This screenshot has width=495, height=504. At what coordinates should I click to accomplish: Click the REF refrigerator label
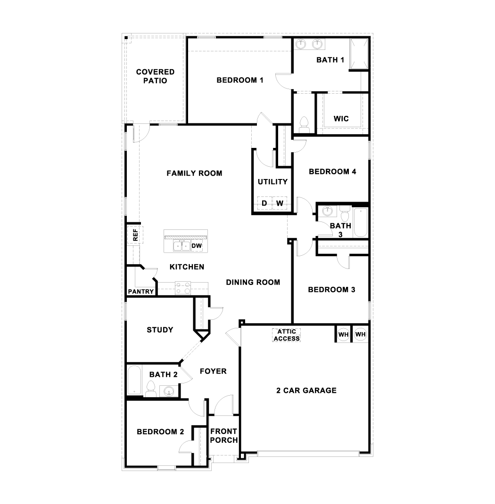click(x=135, y=235)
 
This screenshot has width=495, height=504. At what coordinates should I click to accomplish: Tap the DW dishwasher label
click(x=197, y=246)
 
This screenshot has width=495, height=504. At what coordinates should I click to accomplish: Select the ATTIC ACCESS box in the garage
click(x=287, y=335)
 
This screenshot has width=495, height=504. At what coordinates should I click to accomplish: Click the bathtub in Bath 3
click(x=360, y=222)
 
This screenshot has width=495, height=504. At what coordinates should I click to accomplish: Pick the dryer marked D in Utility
click(x=264, y=203)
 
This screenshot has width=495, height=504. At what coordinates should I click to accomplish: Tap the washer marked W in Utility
click(x=280, y=203)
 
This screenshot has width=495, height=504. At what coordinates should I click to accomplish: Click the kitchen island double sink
click(x=181, y=246)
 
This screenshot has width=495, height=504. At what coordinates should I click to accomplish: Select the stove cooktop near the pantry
click(x=183, y=288)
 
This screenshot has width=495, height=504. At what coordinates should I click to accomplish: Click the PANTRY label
click(x=140, y=292)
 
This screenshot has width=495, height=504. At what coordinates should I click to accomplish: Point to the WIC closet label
click(x=341, y=119)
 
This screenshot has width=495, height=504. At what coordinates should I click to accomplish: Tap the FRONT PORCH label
click(x=224, y=436)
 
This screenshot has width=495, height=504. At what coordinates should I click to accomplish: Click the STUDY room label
click(x=160, y=330)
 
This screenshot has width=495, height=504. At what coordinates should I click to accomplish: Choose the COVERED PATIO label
click(x=155, y=76)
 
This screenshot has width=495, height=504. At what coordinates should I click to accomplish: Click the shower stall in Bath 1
click(x=359, y=54)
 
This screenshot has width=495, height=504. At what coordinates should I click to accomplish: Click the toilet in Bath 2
click(x=150, y=389)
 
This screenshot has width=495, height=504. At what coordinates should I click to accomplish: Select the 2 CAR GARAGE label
click(x=306, y=390)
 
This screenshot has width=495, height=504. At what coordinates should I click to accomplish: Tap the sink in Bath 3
click(x=328, y=211)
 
